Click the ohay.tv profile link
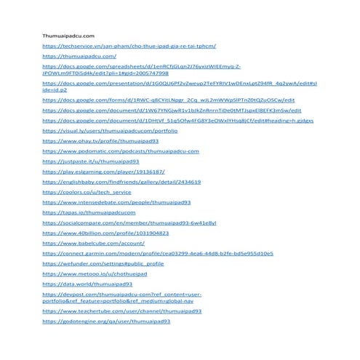pos(100,141)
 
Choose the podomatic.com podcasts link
pos(120,151)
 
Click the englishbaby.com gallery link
pos(121,182)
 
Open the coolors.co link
pos(87,192)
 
